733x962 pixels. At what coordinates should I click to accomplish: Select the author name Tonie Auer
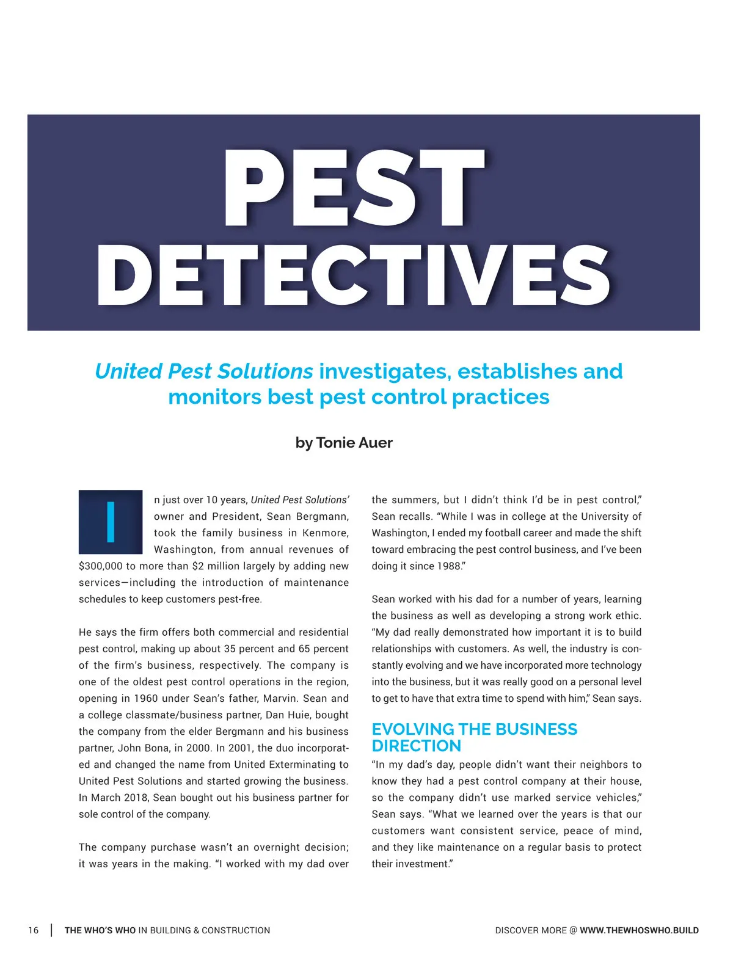coord(354,443)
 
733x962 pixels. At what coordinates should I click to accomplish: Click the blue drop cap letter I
coord(111,522)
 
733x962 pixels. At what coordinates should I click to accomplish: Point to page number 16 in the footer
coord(33,930)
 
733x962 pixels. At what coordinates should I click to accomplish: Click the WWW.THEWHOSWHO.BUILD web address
coord(639,930)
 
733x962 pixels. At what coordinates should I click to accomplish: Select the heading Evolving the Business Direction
coord(474,737)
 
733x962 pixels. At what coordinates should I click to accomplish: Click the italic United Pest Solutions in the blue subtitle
coord(204,371)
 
